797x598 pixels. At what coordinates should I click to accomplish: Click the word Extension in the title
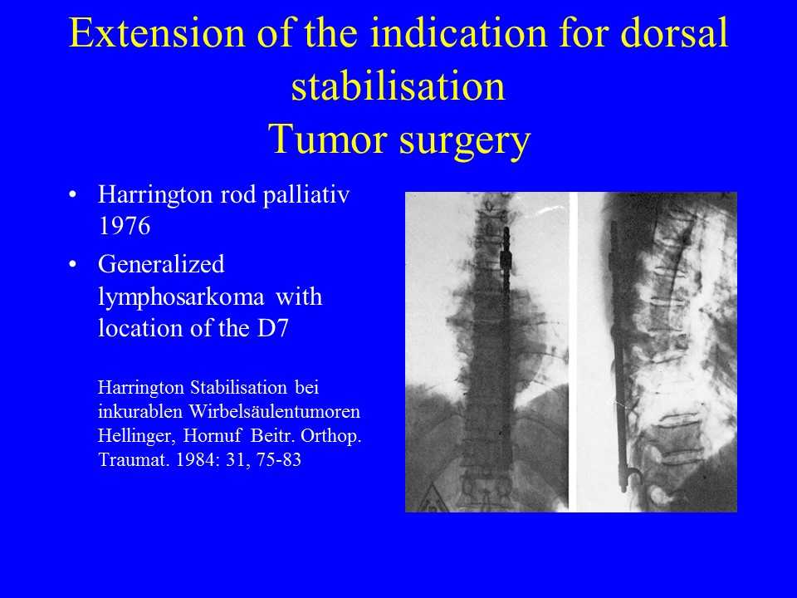pyautogui.click(x=157, y=32)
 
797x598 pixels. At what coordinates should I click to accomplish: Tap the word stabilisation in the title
pyautogui.click(x=398, y=86)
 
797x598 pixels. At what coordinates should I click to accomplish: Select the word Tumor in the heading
pyautogui.click(x=327, y=140)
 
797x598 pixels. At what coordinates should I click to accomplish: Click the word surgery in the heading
pyautogui.click(x=465, y=142)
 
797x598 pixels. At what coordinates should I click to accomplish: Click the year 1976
pyautogui.click(x=124, y=226)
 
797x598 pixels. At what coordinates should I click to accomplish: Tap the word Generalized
pyautogui.click(x=161, y=264)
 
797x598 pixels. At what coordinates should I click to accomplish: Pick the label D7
pyautogui.click(x=273, y=329)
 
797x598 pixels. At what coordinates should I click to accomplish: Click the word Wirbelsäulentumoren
pyautogui.click(x=275, y=411)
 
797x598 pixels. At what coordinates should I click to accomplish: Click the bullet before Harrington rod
pyautogui.click(x=73, y=194)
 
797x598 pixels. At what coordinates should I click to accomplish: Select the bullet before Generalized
pyautogui.click(x=73, y=264)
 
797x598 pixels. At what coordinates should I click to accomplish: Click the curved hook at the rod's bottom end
pyautogui.click(x=631, y=478)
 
